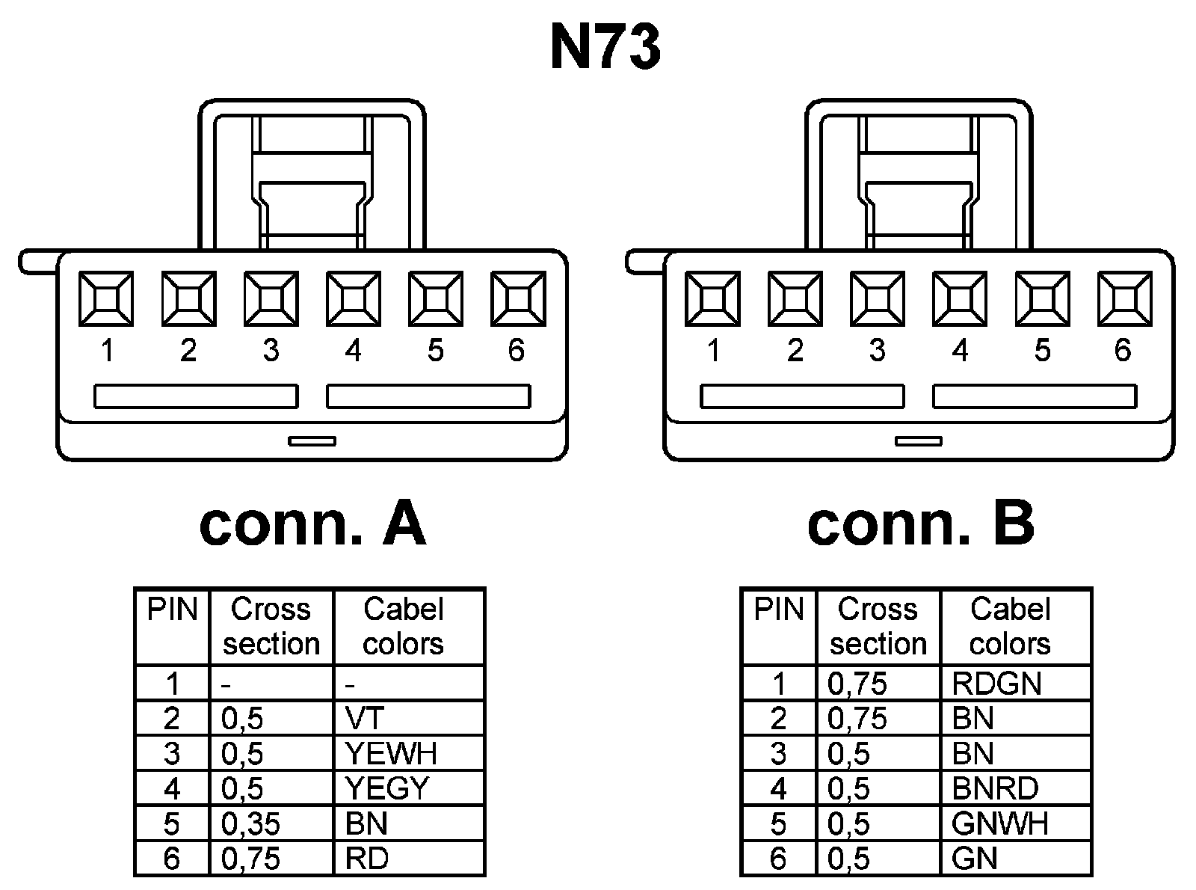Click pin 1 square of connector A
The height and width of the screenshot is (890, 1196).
[106, 299]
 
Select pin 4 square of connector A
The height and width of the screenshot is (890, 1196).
[353, 299]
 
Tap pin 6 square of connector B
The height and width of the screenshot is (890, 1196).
[1124, 299]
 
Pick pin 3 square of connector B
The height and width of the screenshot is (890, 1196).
[878, 299]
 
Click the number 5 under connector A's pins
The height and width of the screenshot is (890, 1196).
[435, 350]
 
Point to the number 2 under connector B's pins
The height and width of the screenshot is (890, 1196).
[795, 350]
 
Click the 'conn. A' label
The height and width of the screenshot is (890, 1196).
[312, 524]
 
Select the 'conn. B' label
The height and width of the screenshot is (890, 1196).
[920, 524]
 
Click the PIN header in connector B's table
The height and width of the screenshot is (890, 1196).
[778, 610]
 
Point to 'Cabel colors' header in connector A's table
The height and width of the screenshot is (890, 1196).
[404, 627]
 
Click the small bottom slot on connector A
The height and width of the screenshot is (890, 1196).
[312, 441]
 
